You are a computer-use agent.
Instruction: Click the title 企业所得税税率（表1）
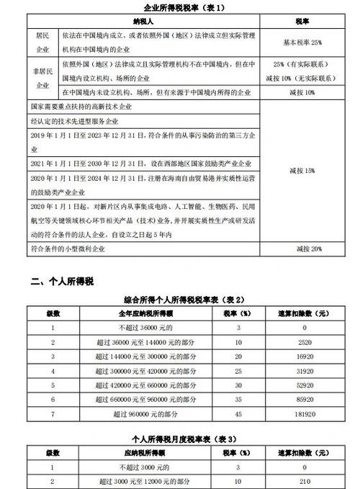[x=179, y=7]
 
